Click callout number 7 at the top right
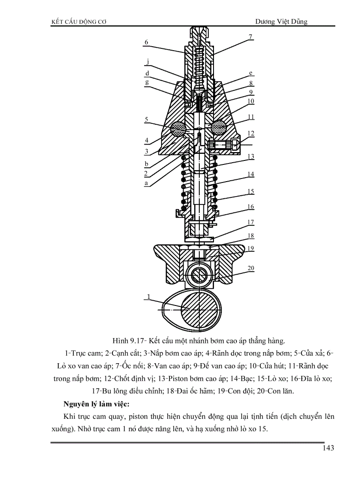click(x=250, y=37)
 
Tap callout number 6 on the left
click(x=146, y=42)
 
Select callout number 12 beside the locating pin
click(x=251, y=133)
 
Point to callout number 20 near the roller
click(x=251, y=268)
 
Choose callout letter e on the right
click(x=250, y=73)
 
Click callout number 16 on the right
click(x=251, y=207)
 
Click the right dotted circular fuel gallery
click(x=219, y=128)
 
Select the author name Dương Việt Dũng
click(x=281, y=21)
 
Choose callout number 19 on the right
click(x=251, y=249)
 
